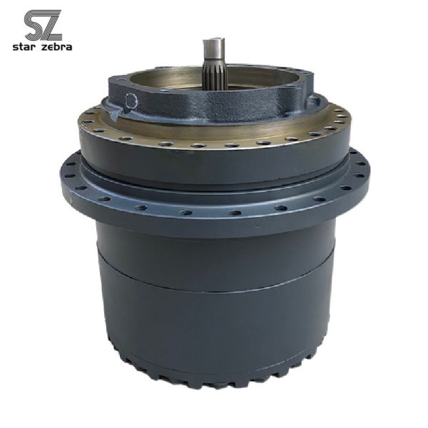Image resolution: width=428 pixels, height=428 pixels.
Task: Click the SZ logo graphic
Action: (x=42, y=26)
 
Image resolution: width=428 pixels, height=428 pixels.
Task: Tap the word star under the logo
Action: (x=26, y=48)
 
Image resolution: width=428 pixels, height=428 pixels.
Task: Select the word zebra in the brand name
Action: (x=57, y=48)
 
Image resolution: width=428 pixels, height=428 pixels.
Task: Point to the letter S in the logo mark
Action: (x=34, y=26)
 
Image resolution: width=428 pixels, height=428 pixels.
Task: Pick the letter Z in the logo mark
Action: (x=51, y=26)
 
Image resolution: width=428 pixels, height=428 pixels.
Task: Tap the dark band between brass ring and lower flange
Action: (x=214, y=160)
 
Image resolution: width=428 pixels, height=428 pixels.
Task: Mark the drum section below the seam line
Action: (x=214, y=328)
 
